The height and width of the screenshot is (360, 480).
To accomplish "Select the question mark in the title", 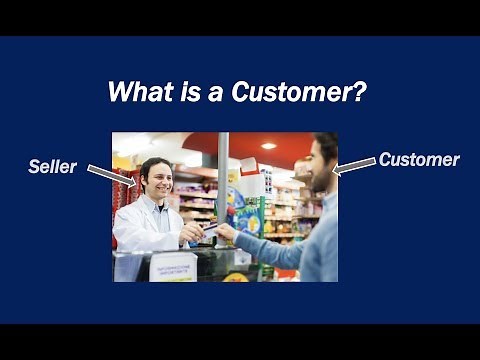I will tap(363, 92).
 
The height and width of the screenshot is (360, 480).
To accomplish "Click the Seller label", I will tap(52, 167).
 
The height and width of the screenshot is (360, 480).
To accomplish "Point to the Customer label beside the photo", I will tap(418, 159).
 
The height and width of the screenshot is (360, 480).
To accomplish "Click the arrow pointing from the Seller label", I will tap(110, 176).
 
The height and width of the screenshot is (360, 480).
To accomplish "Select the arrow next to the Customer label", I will tap(353, 166).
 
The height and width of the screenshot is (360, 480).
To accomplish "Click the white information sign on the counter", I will tap(172, 266).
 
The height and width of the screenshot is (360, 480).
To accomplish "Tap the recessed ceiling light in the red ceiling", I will tap(268, 146).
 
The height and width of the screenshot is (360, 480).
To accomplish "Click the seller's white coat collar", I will tap(150, 207).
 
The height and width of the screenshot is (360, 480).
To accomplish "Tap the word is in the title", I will tap(186, 92).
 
